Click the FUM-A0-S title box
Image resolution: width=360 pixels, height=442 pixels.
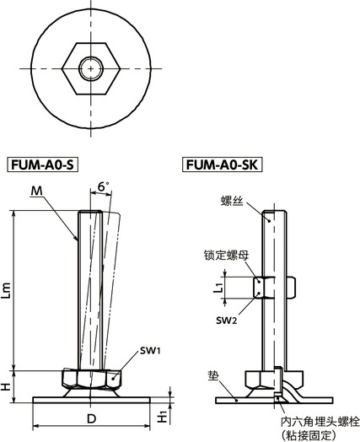pos(42,164)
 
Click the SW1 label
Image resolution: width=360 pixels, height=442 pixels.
pos(141,349)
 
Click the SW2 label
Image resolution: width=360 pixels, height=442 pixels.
pos(224,320)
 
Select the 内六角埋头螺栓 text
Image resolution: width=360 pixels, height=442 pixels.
pos(312,419)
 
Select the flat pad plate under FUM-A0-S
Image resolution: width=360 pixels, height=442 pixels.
pos(89,400)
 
